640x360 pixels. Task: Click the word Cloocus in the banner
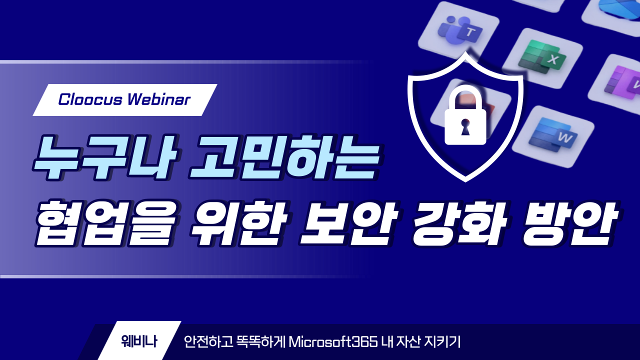90,99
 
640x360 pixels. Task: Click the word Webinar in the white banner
159,99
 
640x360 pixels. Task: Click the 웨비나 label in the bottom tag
139,341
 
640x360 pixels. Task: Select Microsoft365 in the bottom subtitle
333,341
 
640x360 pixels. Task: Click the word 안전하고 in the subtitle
208,341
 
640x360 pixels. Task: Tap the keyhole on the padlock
465,127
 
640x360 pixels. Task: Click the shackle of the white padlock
465,96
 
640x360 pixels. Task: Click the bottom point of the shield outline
465,181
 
